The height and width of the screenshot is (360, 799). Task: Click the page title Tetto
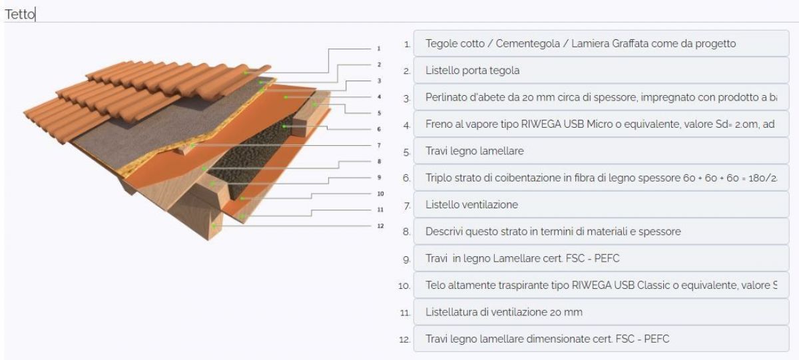(x=19, y=13)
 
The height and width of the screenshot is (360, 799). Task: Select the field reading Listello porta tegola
(x=601, y=71)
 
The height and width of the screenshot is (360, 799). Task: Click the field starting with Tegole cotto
(x=601, y=44)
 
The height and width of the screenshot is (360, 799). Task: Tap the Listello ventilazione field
(x=601, y=205)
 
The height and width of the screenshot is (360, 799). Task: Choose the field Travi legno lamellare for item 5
(x=601, y=151)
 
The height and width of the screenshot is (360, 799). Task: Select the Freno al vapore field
(x=601, y=124)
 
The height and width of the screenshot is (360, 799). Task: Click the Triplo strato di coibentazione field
(x=601, y=178)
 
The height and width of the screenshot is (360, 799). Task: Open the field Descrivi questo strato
(x=601, y=232)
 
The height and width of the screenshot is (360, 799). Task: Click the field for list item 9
(x=601, y=259)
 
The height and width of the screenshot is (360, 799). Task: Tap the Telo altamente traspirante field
(x=601, y=285)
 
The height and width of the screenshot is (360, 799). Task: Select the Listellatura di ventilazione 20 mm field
(x=601, y=312)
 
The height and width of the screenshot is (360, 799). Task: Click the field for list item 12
(x=601, y=339)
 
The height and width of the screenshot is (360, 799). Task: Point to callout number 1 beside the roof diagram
(x=378, y=49)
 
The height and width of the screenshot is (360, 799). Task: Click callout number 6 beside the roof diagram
(x=378, y=129)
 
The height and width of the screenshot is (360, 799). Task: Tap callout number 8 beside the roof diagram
(x=378, y=161)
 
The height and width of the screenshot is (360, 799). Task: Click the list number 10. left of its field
(x=403, y=286)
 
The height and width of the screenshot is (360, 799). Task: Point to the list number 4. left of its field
(x=406, y=125)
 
